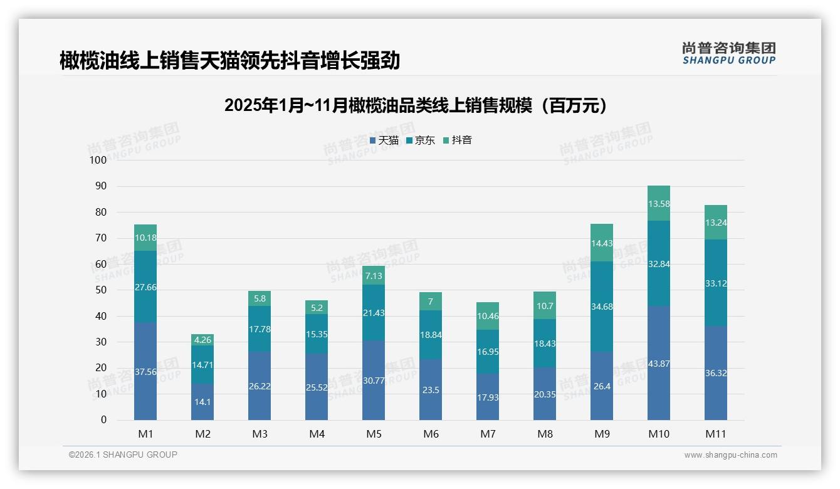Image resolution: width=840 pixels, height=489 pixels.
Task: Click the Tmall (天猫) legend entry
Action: point(384,140)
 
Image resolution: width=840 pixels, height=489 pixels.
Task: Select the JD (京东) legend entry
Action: point(421,140)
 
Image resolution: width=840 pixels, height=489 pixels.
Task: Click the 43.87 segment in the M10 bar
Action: point(659,364)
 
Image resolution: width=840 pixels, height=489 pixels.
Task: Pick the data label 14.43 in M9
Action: point(602,243)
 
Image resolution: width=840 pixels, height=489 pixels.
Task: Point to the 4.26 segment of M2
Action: point(202,340)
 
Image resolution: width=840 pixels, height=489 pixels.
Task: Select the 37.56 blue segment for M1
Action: point(145,371)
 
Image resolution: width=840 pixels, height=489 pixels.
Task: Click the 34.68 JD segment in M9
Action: point(602,306)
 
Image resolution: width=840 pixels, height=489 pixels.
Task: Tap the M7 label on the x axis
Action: point(488,434)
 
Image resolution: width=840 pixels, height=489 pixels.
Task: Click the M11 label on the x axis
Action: point(715,434)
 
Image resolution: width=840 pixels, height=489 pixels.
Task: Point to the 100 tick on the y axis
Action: point(98,160)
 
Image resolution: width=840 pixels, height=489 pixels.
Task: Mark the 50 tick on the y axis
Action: point(101,290)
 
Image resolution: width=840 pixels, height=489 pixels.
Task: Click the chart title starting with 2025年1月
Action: point(416,105)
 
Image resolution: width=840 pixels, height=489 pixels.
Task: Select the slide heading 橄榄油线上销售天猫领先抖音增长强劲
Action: point(229,61)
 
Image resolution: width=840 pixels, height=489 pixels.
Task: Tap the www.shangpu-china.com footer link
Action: point(730,455)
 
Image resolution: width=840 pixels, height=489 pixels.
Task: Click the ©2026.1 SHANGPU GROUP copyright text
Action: point(123,455)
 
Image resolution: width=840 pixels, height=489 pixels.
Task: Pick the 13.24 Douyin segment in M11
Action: point(716,223)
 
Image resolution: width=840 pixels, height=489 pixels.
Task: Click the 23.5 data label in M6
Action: point(431,389)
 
